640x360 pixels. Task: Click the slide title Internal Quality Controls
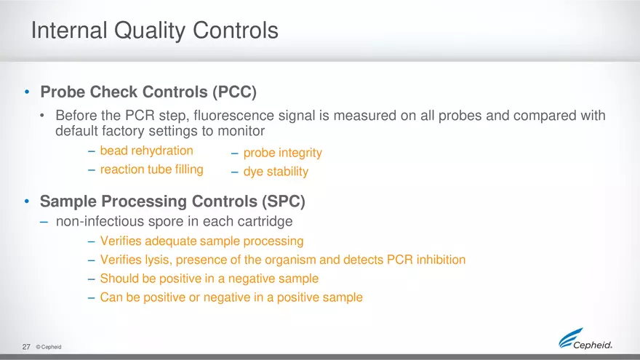click(x=154, y=31)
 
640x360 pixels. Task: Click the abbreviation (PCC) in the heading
click(x=234, y=93)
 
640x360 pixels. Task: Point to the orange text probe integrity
click(x=282, y=153)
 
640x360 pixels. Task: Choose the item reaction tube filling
click(x=151, y=169)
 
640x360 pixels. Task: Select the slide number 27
click(x=26, y=347)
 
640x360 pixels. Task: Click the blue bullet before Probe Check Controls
click(x=27, y=93)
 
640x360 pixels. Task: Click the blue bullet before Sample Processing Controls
click(x=27, y=201)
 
